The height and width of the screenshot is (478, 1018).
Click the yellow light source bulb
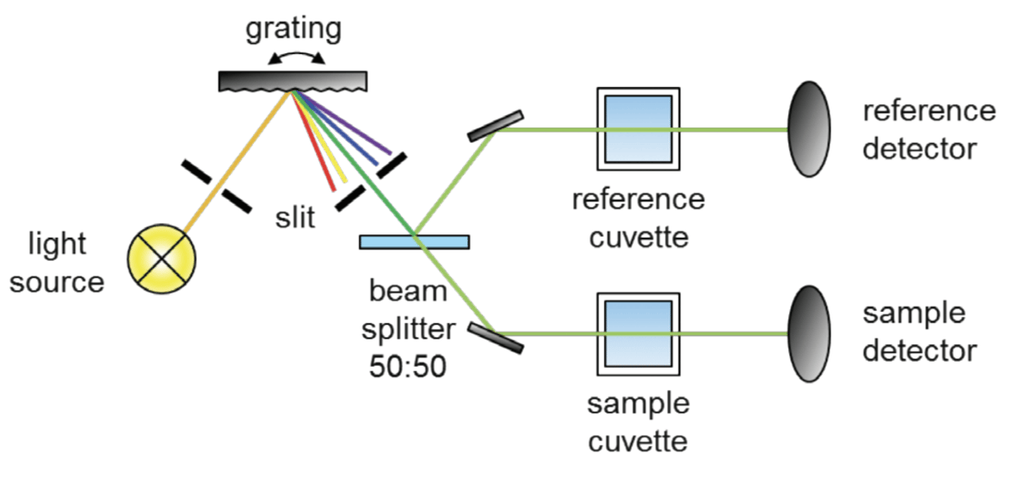pyautogui.click(x=162, y=259)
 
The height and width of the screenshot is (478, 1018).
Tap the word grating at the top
pyautogui.click(x=293, y=28)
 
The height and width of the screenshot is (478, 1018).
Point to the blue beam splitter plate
pyautogui.click(x=414, y=242)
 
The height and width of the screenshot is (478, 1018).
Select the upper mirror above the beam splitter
pyautogui.click(x=496, y=126)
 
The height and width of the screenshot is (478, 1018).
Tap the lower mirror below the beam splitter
pyautogui.click(x=497, y=338)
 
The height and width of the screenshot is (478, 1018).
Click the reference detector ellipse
pyautogui.click(x=810, y=129)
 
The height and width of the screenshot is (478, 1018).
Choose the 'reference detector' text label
pyautogui.click(x=929, y=129)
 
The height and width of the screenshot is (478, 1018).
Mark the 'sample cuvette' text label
pyautogui.click(x=638, y=422)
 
